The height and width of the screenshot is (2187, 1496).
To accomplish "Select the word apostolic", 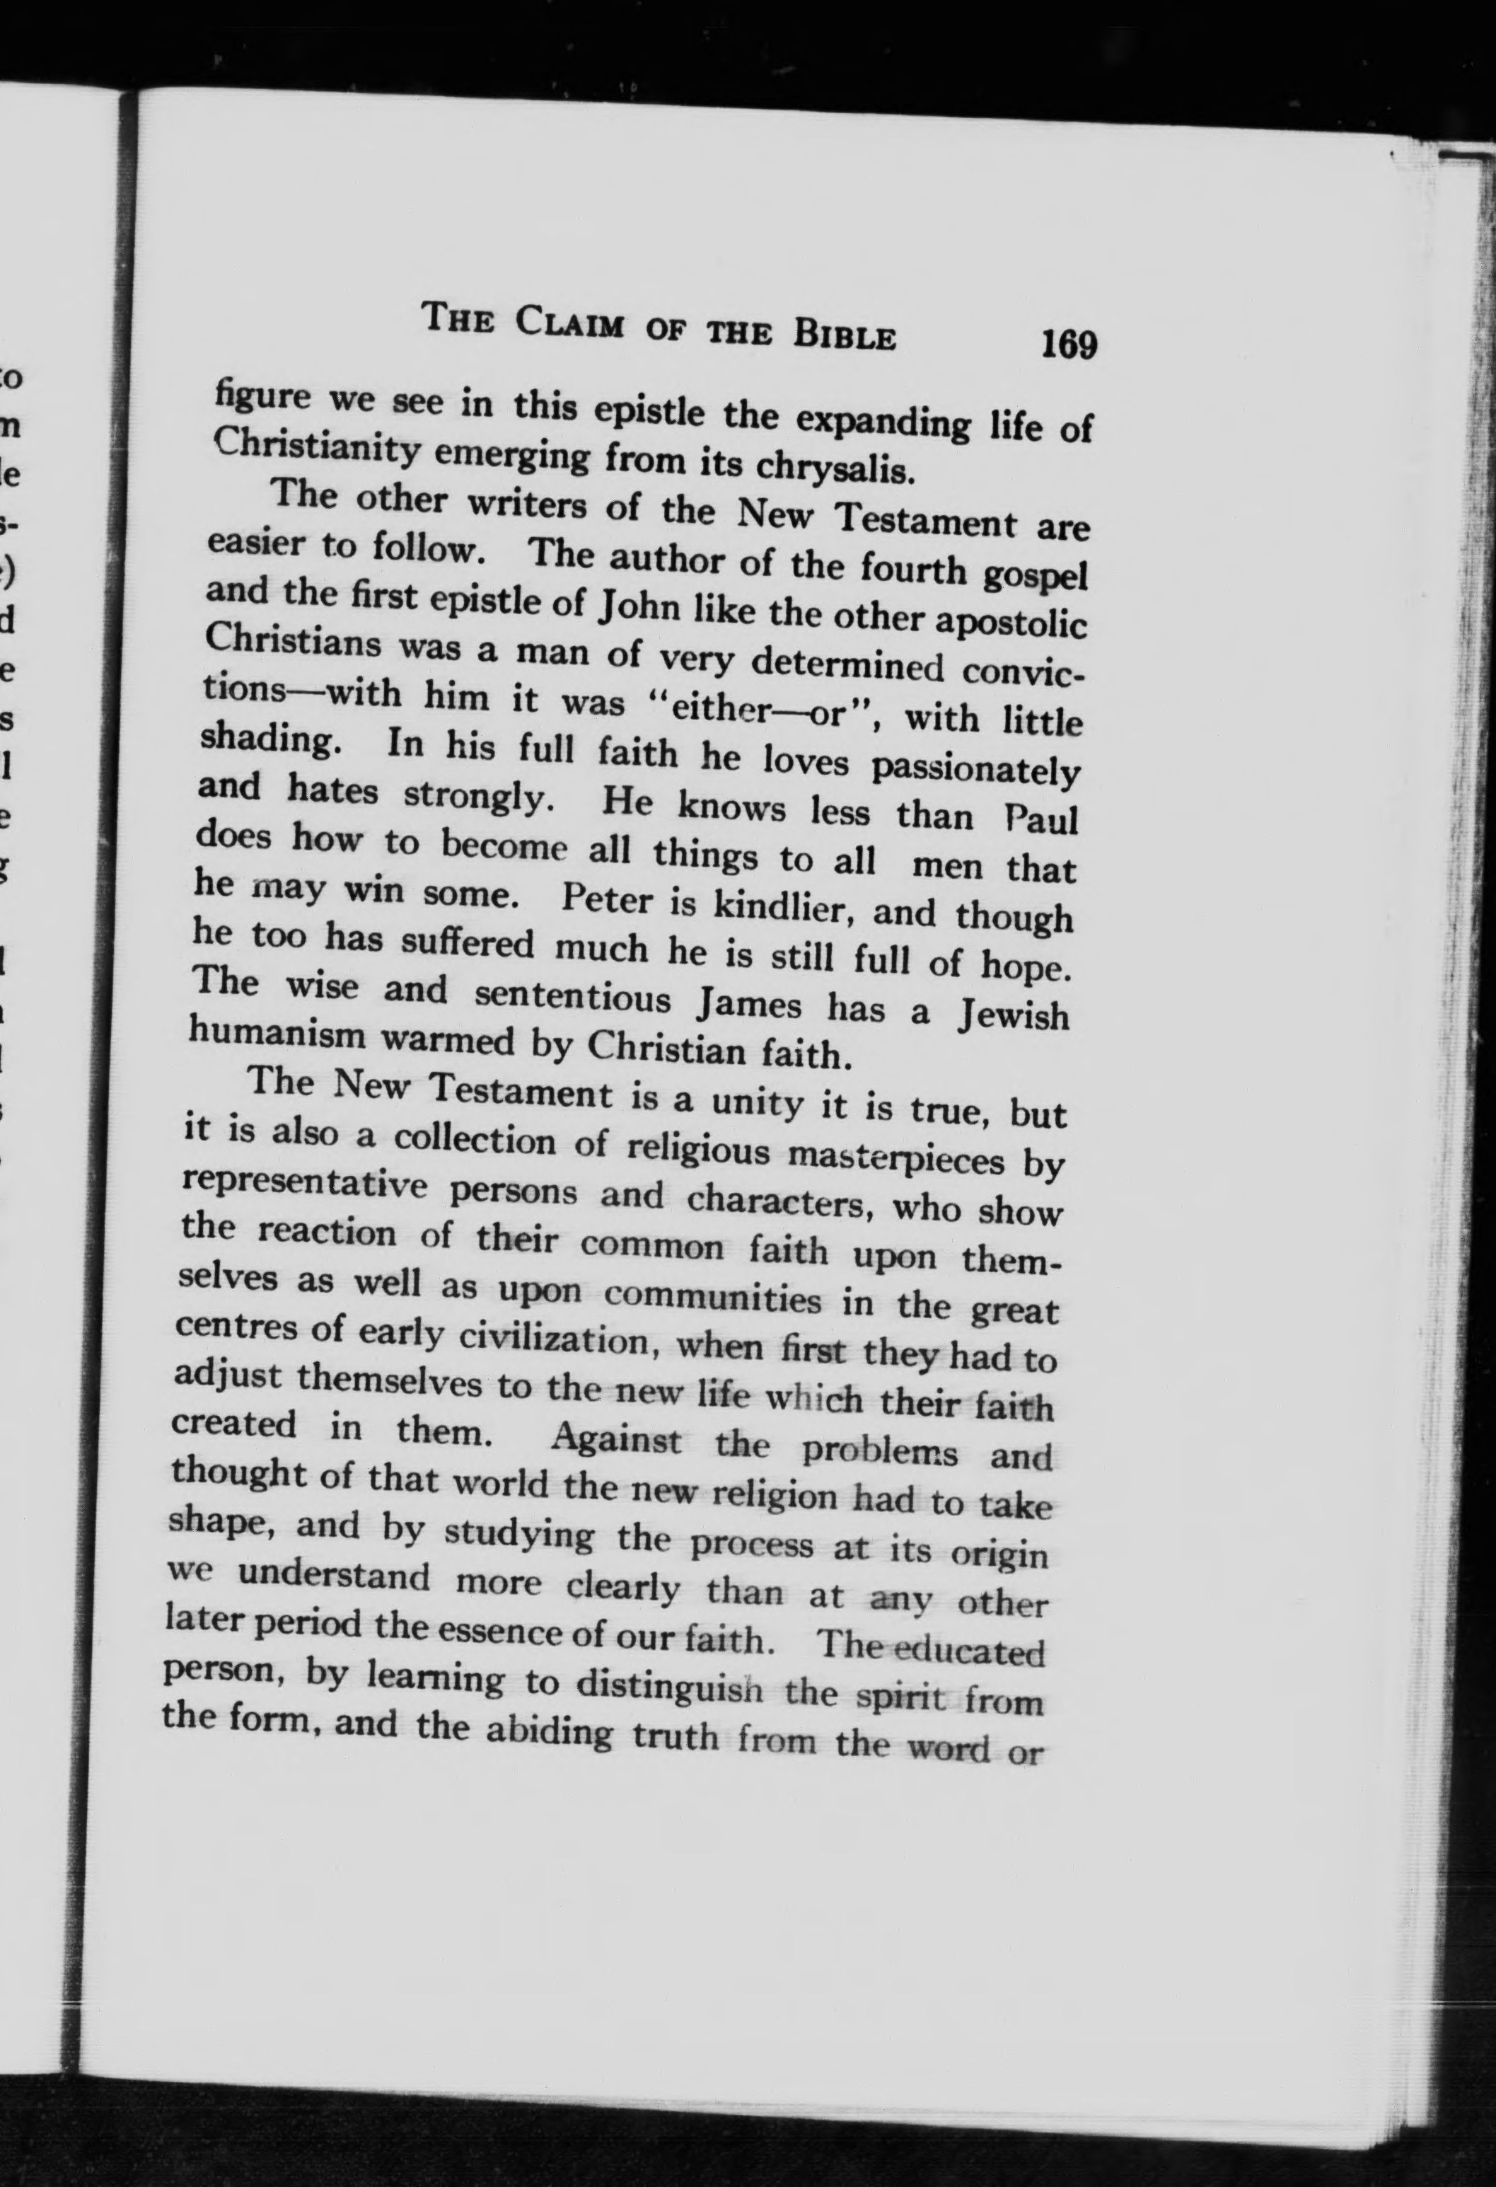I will click(1009, 624).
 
